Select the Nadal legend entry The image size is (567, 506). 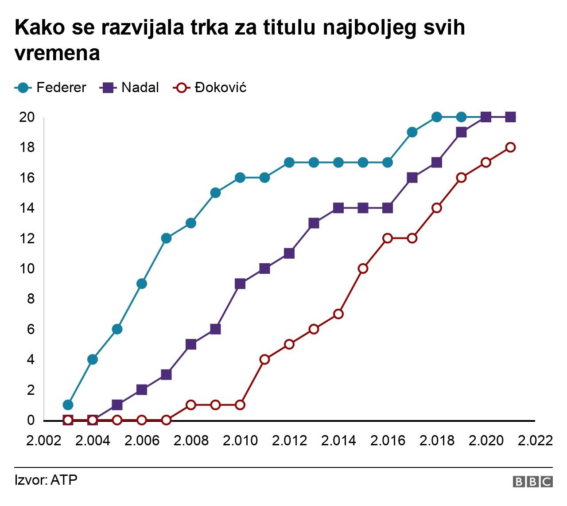click(130, 88)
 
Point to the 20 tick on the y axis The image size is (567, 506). click(27, 117)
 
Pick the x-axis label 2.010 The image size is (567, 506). click(240, 440)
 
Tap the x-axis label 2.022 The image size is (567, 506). click(535, 440)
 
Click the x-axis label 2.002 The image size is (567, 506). click(43, 440)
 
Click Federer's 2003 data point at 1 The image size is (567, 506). click(68, 405)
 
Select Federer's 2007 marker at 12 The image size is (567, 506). click(166, 238)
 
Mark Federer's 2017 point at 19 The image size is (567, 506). click(412, 132)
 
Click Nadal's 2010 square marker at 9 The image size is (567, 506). click(240, 284)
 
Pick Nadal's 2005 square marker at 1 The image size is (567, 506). click(117, 405)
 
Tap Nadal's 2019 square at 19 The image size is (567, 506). click(461, 132)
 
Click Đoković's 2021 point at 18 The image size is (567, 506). click(510, 147)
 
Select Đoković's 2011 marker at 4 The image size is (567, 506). click(264, 359)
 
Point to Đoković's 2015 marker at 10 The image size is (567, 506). click(363, 269)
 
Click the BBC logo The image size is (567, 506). click(532, 482)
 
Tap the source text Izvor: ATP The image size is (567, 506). click(46, 480)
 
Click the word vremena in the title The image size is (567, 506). click(58, 54)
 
